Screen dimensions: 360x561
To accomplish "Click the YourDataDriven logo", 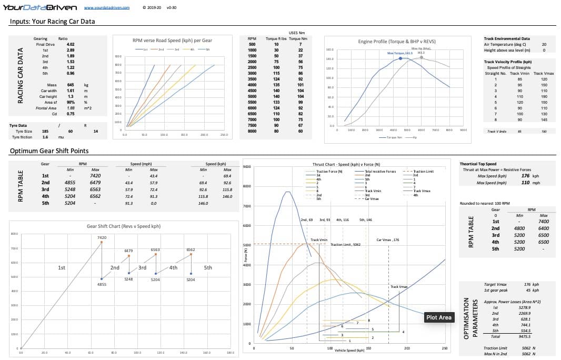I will tap(40, 7).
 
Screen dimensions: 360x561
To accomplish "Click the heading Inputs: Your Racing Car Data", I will tap(53, 22).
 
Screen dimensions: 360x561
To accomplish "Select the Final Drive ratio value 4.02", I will tap(70, 44).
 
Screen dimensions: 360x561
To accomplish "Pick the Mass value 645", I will tap(70, 85).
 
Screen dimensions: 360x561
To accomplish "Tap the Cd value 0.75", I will tap(70, 114).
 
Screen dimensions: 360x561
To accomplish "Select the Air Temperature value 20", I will tap(544, 44).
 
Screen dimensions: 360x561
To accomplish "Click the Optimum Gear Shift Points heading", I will tap(49, 151).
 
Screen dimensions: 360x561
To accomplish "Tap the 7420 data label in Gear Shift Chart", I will tap(102, 238).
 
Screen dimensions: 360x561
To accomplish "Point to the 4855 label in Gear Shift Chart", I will tap(102, 284).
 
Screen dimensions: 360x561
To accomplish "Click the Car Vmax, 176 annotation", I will tap(388, 239).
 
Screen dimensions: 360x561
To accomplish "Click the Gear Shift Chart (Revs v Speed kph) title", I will tap(121, 226).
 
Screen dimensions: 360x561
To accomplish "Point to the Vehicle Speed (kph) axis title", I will tap(349, 350).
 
